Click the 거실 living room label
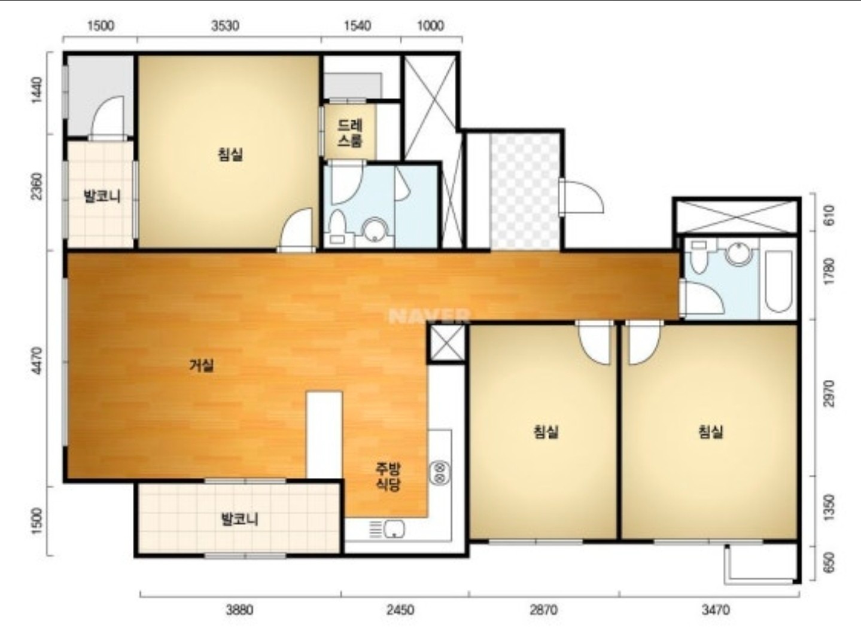tap(202, 365)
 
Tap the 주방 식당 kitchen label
tap(388, 477)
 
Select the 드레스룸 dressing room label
tap(349, 133)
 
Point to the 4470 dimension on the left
tap(37, 360)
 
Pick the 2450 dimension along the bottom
tap(400, 610)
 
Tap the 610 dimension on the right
tap(829, 215)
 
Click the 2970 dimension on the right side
tap(829, 393)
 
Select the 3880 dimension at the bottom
tap(239, 610)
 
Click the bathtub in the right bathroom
tap(778, 281)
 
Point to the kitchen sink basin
tap(394, 530)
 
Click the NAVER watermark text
tap(430, 316)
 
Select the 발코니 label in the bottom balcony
tap(239, 520)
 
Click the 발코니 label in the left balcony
tap(102, 196)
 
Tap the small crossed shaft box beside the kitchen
tap(446, 343)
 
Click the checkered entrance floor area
tap(525, 192)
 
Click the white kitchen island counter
tap(324, 435)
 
